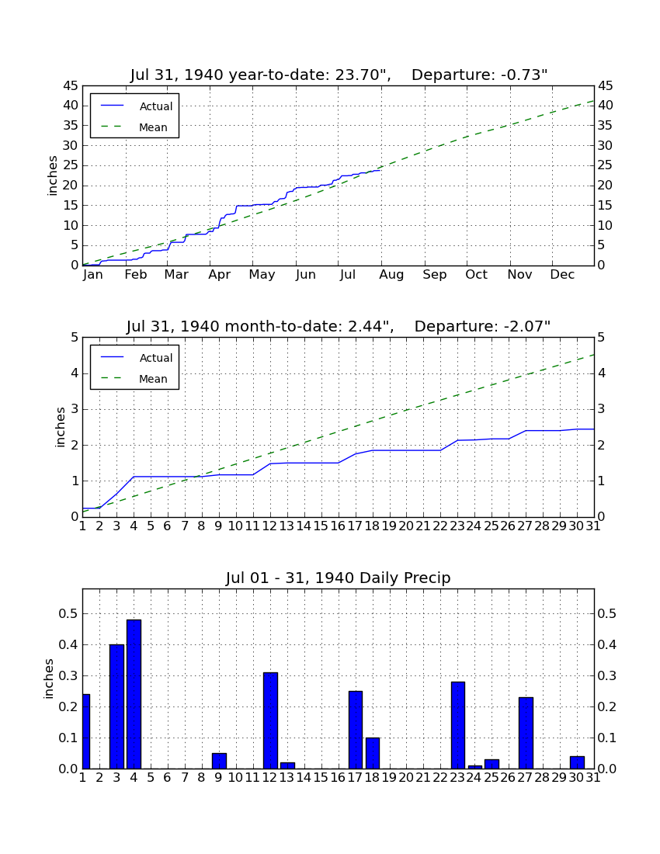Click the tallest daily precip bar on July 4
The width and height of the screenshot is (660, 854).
click(134, 694)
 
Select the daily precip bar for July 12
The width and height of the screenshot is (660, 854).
click(271, 720)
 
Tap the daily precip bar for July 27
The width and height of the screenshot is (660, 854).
click(526, 733)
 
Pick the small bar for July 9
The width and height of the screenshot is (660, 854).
click(220, 761)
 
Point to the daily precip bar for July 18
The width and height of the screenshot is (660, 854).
click(373, 753)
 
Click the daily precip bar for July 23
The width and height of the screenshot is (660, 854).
click(458, 725)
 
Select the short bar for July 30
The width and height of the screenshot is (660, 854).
click(577, 762)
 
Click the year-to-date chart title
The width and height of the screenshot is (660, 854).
click(339, 75)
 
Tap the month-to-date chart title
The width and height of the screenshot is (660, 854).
click(339, 326)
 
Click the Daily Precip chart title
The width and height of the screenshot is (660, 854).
click(339, 578)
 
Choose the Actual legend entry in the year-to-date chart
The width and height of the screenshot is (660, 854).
click(136, 106)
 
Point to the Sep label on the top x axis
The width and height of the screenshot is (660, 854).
click(435, 275)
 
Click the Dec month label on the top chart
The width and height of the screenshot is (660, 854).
click(562, 275)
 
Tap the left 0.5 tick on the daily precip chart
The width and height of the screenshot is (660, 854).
click(68, 614)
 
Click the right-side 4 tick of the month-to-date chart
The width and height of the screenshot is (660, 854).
click(601, 373)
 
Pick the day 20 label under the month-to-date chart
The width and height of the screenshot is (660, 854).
click(406, 526)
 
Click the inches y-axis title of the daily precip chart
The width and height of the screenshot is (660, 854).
click(49, 679)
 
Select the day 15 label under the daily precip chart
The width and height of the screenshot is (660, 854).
click(321, 777)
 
